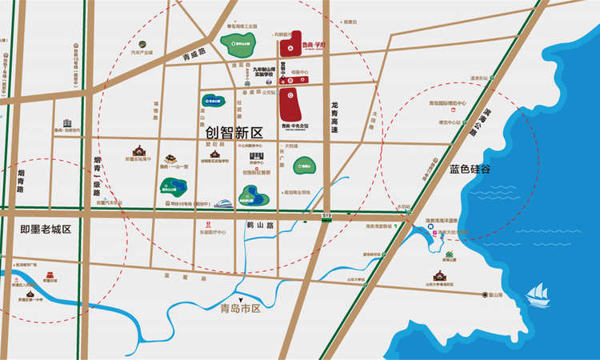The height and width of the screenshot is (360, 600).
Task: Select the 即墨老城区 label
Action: tap(46, 230)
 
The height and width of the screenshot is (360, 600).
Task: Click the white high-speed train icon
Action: tap(224, 203)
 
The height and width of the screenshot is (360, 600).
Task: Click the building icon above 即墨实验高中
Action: tap(138, 150)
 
